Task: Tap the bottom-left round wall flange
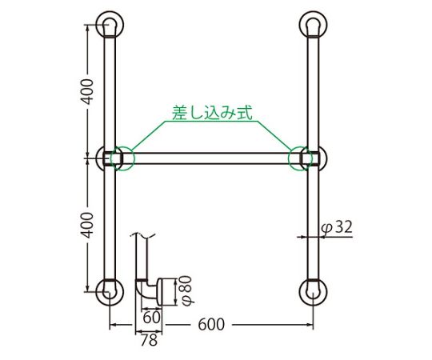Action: click(x=110, y=291)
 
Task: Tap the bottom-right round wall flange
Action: click(x=312, y=291)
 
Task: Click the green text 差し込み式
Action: click(x=211, y=112)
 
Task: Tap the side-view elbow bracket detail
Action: click(x=157, y=290)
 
